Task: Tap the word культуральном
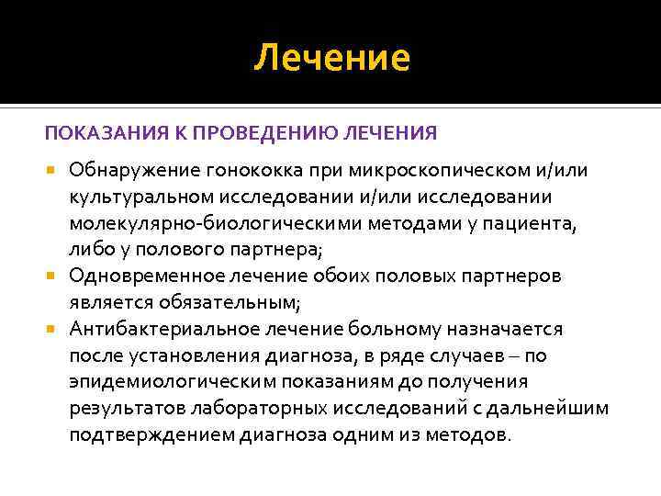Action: click(x=139, y=197)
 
